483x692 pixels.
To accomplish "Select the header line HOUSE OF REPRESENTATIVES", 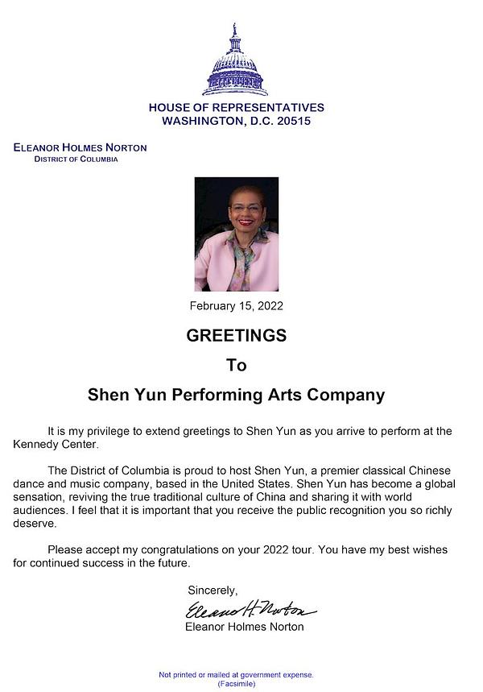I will pyautogui.click(x=236, y=107).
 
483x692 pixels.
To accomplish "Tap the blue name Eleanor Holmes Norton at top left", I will pyautogui.click(x=80, y=147).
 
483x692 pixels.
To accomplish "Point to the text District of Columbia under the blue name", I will pyautogui.click(x=76, y=159).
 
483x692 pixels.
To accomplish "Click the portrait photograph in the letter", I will pyautogui.click(x=236, y=234).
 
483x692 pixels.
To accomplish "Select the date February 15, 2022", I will pyautogui.click(x=236, y=306).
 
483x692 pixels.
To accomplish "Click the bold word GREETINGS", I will pyautogui.click(x=236, y=335).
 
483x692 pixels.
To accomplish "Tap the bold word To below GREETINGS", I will pyautogui.click(x=236, y=365).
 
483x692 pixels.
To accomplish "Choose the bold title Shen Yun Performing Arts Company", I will pyautogui.click(x=236, y=396).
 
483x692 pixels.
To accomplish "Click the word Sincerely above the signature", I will pyautogui.click(x=213, y=590).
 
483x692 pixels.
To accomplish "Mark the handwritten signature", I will pyautogui.click(x=250, y=609).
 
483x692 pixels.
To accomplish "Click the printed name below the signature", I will pyautogui.click(x=245, y=627).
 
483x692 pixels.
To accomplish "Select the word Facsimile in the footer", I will pyautogui.click(x=236, y=683).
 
